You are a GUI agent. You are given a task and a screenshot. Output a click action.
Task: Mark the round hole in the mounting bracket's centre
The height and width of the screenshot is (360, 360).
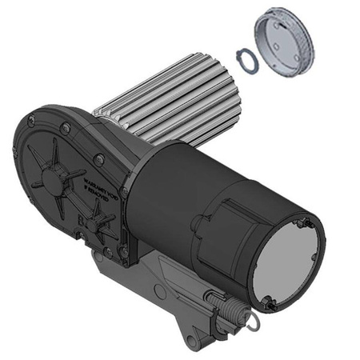tap(161, 292)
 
